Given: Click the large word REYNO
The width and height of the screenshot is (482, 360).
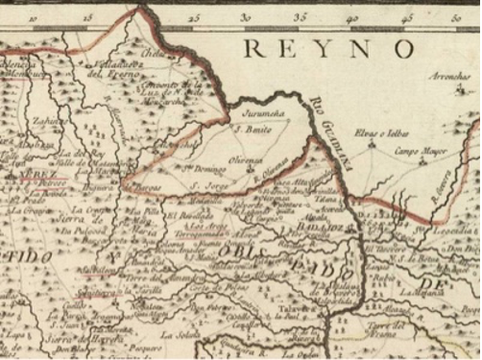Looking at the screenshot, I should coord(329,49).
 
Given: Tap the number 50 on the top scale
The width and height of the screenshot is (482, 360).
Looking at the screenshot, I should coord(453,17).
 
